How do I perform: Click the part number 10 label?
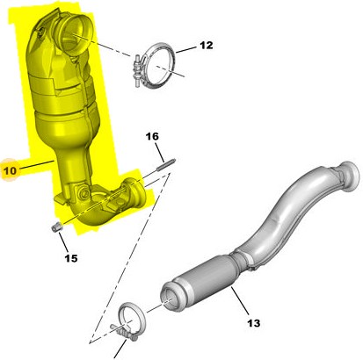pyautogui.click(x=11, y=170)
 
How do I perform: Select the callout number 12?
pyautogui.click(x=207, y=46)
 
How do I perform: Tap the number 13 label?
pyautogui.click(x=254, y=323)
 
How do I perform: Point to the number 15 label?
pyautogui.click(x=71, y=258)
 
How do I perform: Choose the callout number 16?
pyautogui.click(x=152, y=136)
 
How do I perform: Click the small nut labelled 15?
pyautogui.click(x=56, y=227)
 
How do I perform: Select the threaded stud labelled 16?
pyautogui.click(x=166, y=164)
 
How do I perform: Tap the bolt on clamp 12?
pyautogui.click(x=137, y=69)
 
